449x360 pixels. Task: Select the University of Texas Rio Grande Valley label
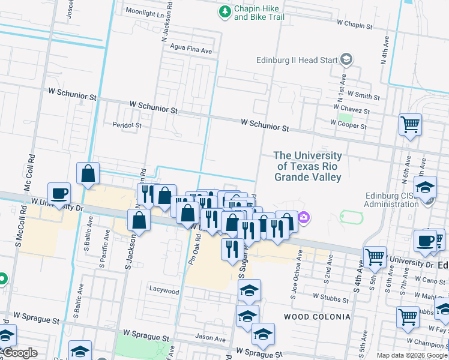click(308, 166)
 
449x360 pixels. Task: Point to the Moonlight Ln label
click(145, 13)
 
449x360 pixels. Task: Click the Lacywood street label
click(164, 291)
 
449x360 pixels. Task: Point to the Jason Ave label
click(210, 338)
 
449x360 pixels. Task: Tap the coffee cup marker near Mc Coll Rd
click(59, 193)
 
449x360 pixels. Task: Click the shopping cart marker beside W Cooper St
click(410, 125)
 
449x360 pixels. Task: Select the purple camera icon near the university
click(304, 217)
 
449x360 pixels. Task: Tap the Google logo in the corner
click(20, 353)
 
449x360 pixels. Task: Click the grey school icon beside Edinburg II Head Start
click(346, 59)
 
